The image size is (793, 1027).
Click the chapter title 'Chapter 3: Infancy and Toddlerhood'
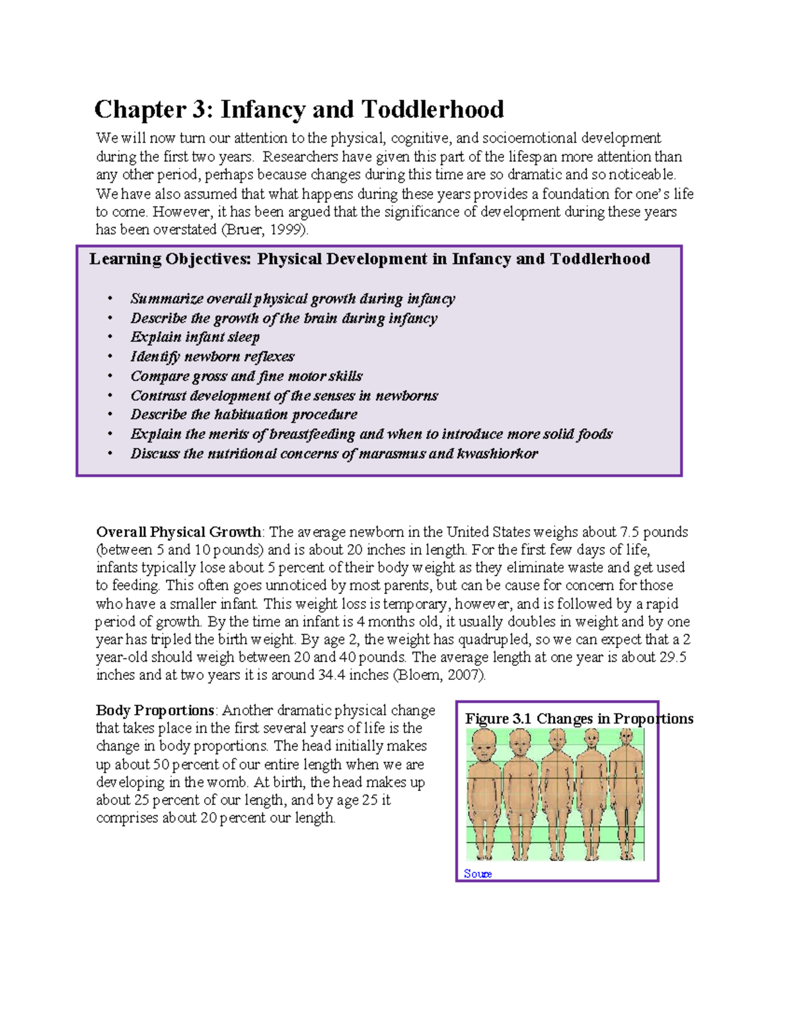pyautogui.click(x=299, y=109)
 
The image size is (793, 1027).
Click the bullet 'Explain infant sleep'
pyautogui.click(x=195, y=337)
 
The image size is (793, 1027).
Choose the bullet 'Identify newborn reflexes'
pyautogui.click(x=212, y=356)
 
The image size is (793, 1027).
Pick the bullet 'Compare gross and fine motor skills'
pyautogui.click(x=246, y=376)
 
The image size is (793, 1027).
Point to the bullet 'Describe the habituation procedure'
pyautogui.click(x=244, y=415)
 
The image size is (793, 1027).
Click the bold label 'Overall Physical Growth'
pyautogui.click(x=178, y=532)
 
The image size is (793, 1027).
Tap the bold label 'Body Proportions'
pyautogui.click(x=155, y=711)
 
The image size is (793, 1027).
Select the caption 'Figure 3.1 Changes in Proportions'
pyautogui.click(x=579, y=719)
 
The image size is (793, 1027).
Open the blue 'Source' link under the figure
pyautogui.click(x=477, y=874)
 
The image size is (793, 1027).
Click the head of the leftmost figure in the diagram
pyautogui.click(x=484, y=745)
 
